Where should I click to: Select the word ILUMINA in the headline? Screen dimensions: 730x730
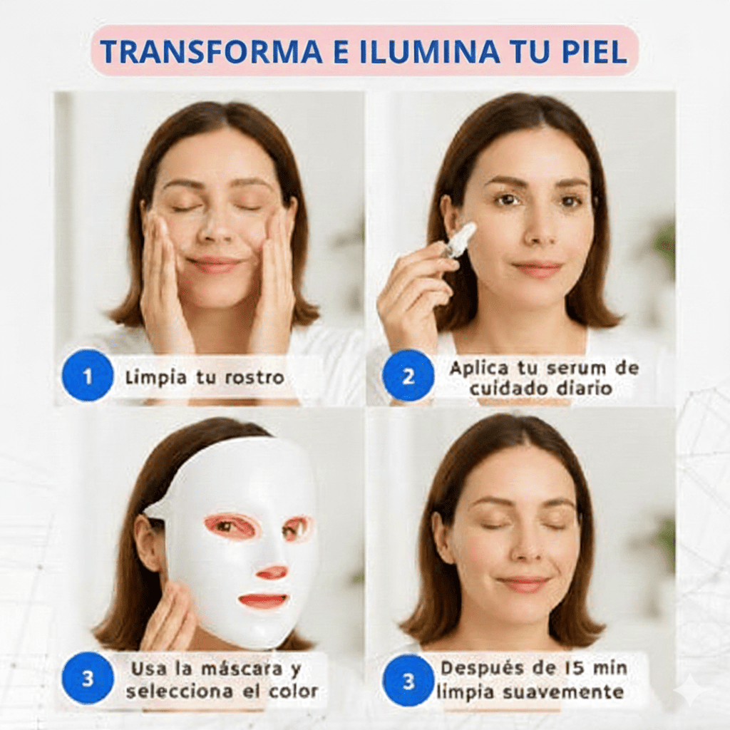pos(430,51)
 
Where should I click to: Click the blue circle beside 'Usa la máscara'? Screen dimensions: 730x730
pos(88,678)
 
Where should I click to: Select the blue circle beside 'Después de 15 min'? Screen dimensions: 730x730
pos(408,681)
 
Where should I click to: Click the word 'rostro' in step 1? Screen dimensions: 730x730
pos(255,377)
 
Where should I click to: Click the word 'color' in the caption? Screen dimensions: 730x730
pos(294,691)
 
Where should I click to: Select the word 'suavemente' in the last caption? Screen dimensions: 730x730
pos(556,692)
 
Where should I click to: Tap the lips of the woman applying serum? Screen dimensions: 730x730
pos(537,269)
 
